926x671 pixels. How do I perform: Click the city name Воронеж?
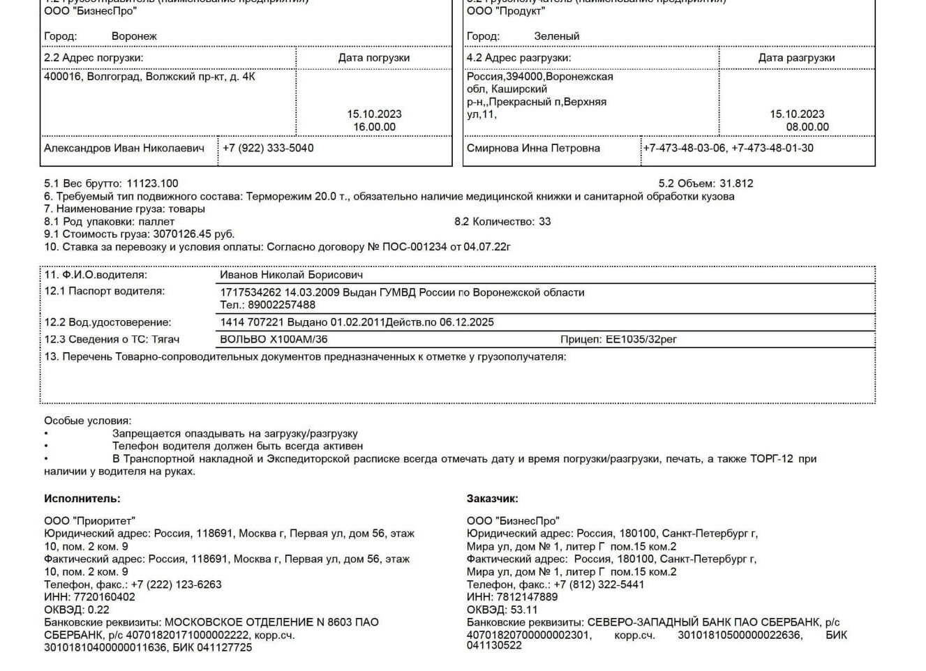(134, 36)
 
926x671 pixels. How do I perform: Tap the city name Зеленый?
(556, 36)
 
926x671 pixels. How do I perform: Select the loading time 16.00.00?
(374, 127)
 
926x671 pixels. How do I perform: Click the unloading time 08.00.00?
(807, 127)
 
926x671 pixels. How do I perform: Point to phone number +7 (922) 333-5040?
(268, 148)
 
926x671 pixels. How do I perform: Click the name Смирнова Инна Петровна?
(533, 148)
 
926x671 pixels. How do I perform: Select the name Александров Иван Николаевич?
(124, 148)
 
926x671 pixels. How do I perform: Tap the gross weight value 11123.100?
(152, 183)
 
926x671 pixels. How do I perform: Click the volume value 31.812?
(736, 183)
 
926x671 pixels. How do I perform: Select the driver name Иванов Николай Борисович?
(291, 275)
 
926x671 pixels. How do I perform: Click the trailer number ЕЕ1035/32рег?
(641, 340)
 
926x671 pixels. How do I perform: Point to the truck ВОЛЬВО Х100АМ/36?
(274, 340)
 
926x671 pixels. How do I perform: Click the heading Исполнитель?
(82, 499)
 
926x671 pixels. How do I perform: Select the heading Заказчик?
(492, 499)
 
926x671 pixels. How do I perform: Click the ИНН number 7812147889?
(527, 597)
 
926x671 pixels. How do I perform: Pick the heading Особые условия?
(87, 421)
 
